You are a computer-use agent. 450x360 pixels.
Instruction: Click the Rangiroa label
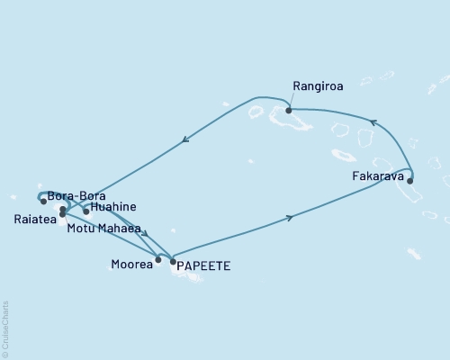pos(314,88)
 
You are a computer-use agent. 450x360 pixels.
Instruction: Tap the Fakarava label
pos(377,177)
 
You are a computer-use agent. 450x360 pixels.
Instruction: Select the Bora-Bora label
pos(77,195)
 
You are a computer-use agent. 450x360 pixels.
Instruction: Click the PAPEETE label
pos(204,265)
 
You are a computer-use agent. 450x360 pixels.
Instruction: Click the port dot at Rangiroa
pos(289,111)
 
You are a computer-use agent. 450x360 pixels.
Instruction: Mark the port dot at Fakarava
pos(410,181)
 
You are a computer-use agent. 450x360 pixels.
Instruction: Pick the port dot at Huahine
pos(86,212)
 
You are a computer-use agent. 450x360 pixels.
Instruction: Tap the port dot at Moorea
pos(158,260)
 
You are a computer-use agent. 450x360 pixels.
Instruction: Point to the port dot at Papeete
pos(173,261)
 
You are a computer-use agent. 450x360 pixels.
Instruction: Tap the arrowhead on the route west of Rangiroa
pos(184,139)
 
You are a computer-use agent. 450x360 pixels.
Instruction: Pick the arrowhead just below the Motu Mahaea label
pos(144,234)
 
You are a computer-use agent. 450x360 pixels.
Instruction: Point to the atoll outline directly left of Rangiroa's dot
pos(256,112)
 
